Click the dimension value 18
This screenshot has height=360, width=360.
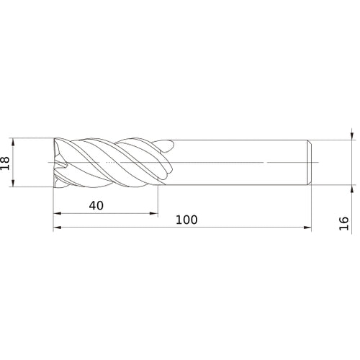click(x=5, y=163)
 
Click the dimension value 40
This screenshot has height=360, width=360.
click(x=96, y=206)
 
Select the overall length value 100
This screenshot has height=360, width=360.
click(x=186, y=220)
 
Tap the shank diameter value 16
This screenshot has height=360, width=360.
click(x=343, y=223)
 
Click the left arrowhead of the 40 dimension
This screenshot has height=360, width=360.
click(x=58, y=213)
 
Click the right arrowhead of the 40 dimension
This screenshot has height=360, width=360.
click(x=154, y=213)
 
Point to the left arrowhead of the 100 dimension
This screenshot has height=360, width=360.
click(x=58, y=228)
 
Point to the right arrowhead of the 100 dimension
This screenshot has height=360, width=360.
click(x=307, y=228)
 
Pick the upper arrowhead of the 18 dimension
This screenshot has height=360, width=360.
click(x=13, y=142)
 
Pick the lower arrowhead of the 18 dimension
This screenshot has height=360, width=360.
click(x=13, y=183)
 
